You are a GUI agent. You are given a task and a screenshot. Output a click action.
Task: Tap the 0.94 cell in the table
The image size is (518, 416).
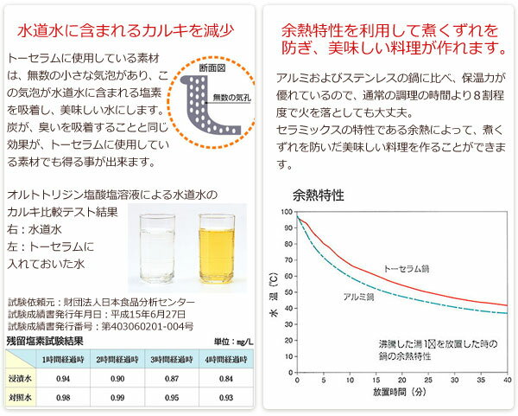(63, 379)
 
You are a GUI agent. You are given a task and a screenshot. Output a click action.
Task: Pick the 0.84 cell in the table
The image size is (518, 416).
(225, 379)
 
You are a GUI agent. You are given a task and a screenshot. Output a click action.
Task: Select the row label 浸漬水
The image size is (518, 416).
(21, 379)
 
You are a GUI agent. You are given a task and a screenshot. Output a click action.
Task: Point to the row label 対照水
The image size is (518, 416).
(21, 399)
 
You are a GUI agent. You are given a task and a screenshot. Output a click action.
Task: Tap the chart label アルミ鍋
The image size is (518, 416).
(358, 297)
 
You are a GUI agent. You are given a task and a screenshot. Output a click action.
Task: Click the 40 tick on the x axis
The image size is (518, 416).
(507, 381)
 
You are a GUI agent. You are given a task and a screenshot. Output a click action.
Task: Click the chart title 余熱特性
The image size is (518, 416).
(319, 194)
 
